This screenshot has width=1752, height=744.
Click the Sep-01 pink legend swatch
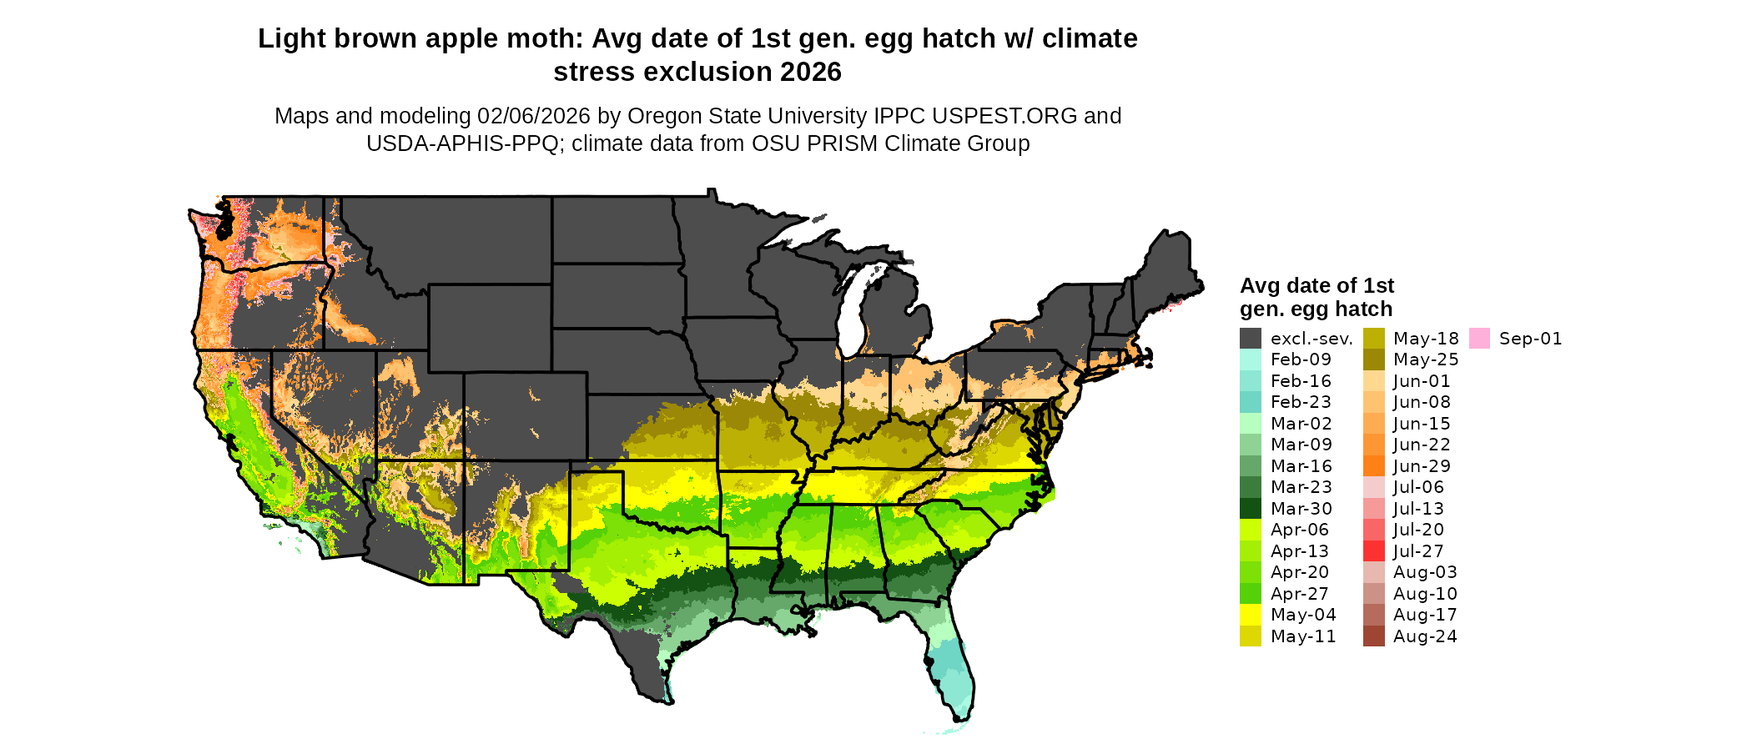click(1479, 339)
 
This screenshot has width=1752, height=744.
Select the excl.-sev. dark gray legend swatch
click(1250, 339)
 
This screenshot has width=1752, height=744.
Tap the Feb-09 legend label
click(1301, 359)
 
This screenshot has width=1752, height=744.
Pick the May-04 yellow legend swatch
click(1250, 615)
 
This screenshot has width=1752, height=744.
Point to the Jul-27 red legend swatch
click(1373, 551)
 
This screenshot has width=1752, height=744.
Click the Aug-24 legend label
click(1425, 636)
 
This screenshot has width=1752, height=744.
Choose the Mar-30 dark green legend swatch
click(1250, 509)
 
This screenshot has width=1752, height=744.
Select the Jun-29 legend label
click(1422, 466)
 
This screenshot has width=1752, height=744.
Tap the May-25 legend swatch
click(1373, 359)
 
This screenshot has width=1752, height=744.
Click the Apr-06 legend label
click(1300, 530)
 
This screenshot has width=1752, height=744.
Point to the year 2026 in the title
click(811, 73)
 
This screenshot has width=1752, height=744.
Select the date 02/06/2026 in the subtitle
click(533, 116)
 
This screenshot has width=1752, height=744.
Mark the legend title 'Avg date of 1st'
click(1317, 286)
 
